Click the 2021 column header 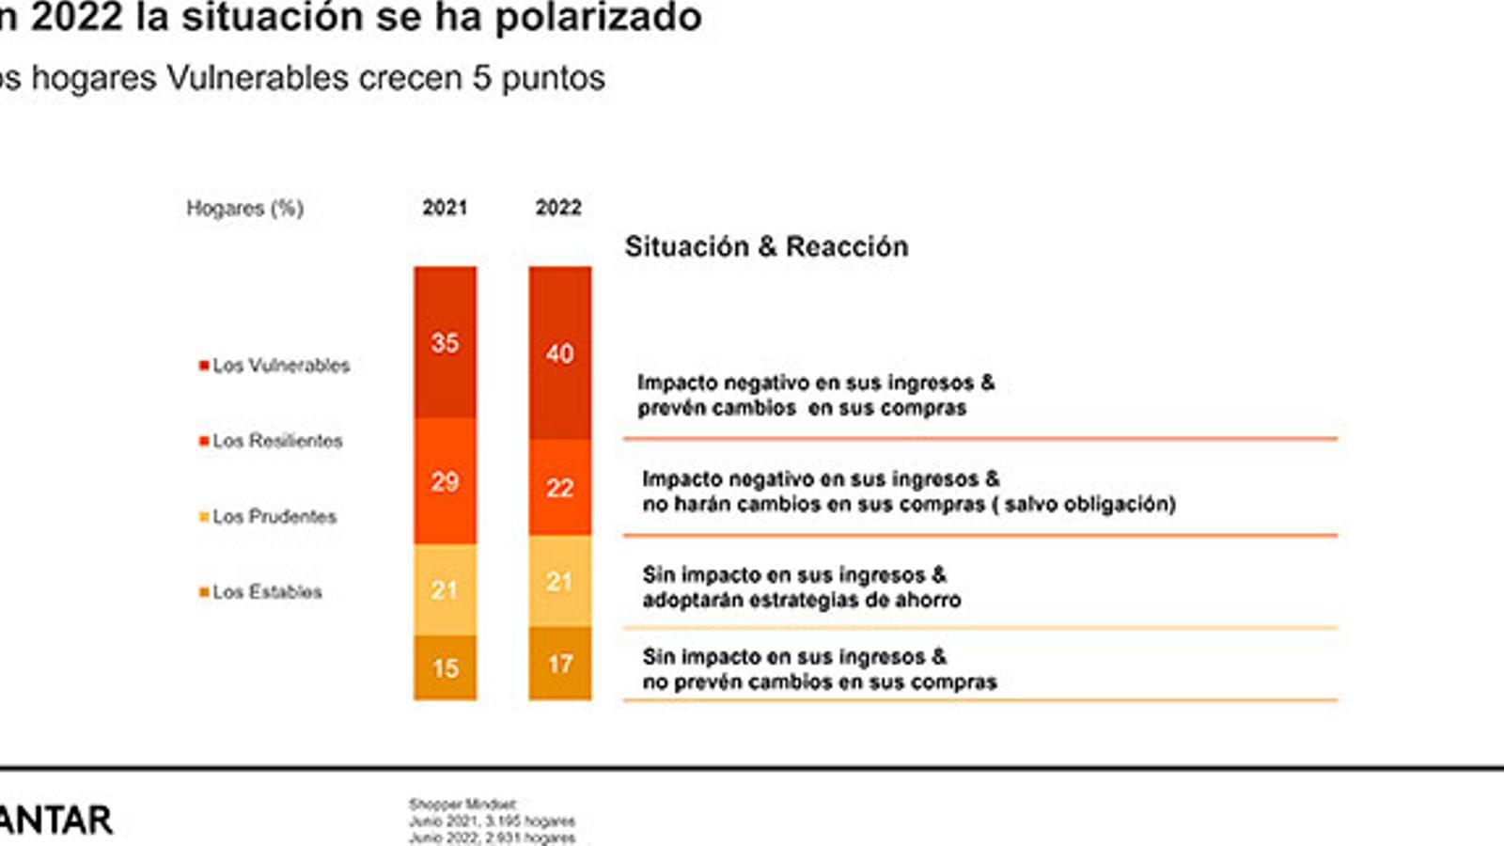tap(445, 208)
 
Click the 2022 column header tap(558, 208)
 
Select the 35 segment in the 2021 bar tap(445, 342)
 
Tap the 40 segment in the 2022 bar tap(559, 352)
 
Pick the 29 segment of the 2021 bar tap(445, 481)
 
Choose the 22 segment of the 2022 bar tap(559, 487)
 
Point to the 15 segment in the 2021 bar tap(445, 667)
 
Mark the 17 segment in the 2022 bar tap(559, 664)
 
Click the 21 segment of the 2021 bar tap(445, 589)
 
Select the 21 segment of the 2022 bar tap(559, 581)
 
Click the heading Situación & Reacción tap(766, 246)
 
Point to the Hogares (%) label tap(244, 208)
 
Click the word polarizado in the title tap(598, 17)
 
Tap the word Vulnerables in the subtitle tap(257, 77)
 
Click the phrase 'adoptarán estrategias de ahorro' tap(801, 600)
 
